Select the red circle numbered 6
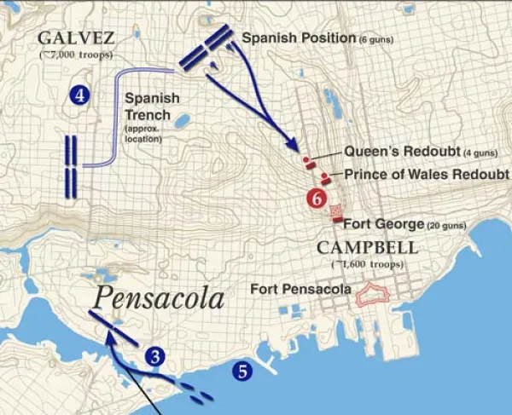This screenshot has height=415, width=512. click(317, 199)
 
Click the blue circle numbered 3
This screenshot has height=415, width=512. click(154, 356)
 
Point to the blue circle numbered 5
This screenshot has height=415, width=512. click(241, 371)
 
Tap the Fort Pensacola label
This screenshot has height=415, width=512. click(300, 290)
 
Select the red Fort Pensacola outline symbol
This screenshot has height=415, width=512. click(372, 294)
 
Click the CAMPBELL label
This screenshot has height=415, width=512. click(368, 248)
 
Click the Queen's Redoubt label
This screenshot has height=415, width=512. click(394, 151)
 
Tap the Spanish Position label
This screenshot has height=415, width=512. click(298, 38)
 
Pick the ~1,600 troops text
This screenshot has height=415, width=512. click(368, 264)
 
